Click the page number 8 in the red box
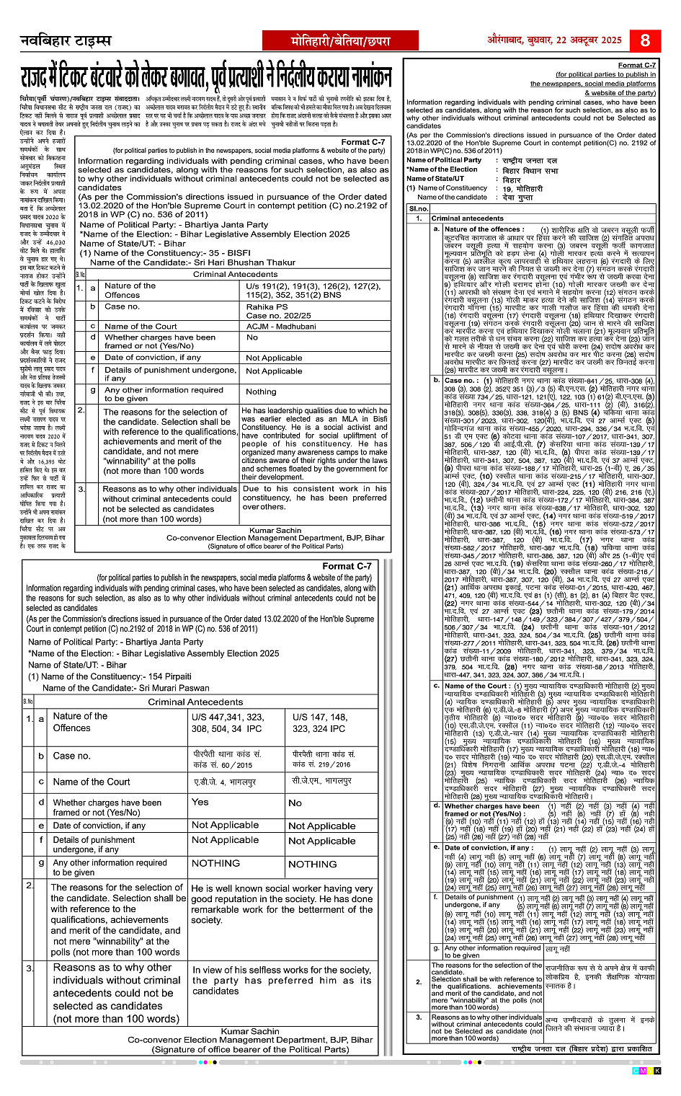point(645,40)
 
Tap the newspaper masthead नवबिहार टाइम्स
point(66,40)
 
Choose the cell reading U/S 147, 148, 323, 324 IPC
point(320,722)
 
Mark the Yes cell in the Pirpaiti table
point(200,802)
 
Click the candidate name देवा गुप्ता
point(518,197)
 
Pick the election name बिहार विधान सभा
point(530,170)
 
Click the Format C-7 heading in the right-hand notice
point(637,66)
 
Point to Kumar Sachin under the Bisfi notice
point(275,530)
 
